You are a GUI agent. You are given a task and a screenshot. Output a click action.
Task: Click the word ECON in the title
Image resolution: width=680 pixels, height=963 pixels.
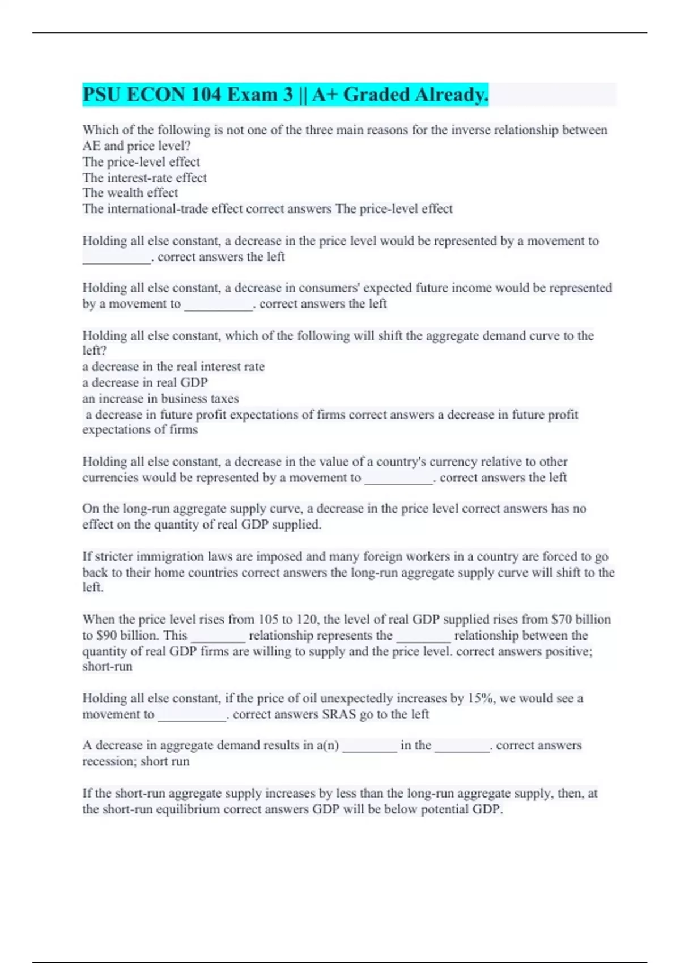click(x=156, y=95)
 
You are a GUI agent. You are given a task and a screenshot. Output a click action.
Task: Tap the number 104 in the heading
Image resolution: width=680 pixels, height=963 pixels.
click(x=206, y=95)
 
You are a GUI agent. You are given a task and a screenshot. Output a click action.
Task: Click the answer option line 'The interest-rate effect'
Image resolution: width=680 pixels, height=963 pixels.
click(x=144, y=178)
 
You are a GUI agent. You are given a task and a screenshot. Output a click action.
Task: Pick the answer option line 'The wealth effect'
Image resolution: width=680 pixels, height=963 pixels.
click(x=130, y=193)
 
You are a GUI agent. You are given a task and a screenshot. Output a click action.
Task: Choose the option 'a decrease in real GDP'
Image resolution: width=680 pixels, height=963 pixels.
click(x=145, y=382)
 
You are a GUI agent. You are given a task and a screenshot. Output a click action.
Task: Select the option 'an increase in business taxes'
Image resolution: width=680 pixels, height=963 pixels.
click(x=160, y=398)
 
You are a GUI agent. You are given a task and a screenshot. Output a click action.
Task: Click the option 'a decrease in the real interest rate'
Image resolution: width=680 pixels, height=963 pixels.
click(x=173, y=367)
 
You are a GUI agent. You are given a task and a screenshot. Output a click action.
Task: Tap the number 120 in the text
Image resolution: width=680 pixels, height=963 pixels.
click(x=306, y=619)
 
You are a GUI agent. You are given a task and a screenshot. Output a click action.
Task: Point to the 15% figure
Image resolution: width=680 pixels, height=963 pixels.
click(x=482, y=698)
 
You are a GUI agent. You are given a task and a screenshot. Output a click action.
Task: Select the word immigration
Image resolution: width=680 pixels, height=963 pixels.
click(x=171, y=556)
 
